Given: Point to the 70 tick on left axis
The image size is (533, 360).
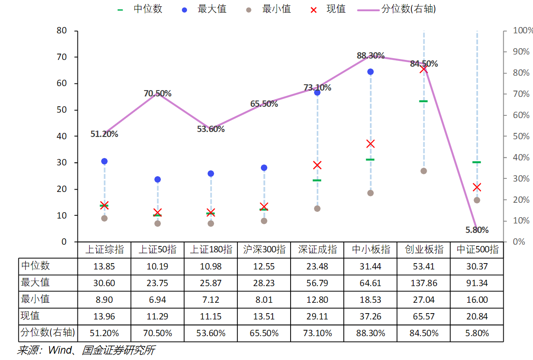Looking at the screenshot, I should click(x=61, y=57).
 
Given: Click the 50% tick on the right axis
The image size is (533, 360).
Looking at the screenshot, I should click(x=522, y=136).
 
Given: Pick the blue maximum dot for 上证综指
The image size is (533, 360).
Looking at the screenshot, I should click(x=105, y=161).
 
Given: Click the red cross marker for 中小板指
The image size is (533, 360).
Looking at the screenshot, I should click(x=370, y=144).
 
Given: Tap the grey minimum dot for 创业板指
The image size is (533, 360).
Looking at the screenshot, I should click(x=424, y=171).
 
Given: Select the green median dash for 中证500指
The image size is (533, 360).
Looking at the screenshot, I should click(x=477, y=162).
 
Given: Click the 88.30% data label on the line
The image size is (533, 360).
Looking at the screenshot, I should click(x=370, y=56).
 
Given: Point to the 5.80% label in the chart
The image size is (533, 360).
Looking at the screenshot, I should click(x=477, y=230).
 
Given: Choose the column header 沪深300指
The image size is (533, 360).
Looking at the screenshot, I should click(x=264, y=250).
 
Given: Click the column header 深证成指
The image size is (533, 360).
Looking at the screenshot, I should click(x=317, y=250).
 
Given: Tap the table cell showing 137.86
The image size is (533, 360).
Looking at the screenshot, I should click(x=424, y=283).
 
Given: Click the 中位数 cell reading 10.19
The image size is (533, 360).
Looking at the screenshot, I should click(x=157, y=266).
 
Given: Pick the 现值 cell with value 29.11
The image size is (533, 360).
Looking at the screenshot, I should click(x=317, y=316).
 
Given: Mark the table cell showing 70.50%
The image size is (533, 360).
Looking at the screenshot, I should click(x=157, y=333).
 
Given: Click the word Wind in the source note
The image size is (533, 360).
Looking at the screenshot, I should click(x=59, y=350).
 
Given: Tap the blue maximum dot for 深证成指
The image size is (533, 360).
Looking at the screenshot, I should click(x=317, y=92).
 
